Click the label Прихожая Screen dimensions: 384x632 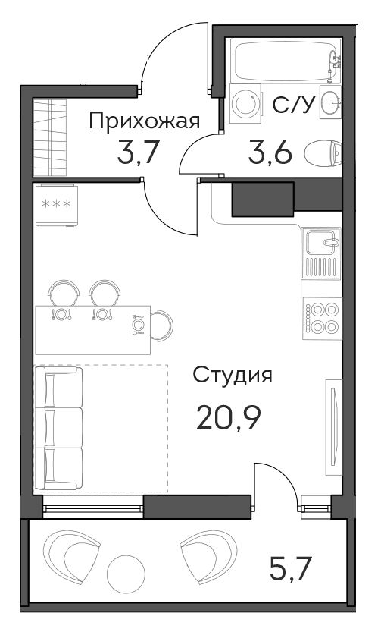click(144, 121)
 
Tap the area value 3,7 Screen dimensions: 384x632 click(136, 152)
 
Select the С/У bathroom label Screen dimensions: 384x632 click(292, 105)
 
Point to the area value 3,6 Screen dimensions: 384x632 click(270, 152)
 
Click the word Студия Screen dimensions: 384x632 click(233, 376)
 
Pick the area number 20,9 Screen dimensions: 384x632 click(229, 418)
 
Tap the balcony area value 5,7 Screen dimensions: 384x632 click(291, 568)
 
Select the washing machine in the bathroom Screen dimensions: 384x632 click(245, 103)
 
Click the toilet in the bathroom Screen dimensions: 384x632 click(323, 152)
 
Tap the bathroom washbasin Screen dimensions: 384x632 click(330, 102)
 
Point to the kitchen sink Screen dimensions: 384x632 click(321, 254)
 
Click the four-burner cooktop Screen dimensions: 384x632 click(322, 319)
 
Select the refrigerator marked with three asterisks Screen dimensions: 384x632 click(56, 205)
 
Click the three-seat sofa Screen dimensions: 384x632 click(59, 428)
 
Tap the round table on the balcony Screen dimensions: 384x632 click(126, 574)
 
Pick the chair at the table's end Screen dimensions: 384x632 click(162, 325)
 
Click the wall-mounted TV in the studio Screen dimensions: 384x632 click(333, 427)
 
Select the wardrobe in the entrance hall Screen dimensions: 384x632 click(49, 137)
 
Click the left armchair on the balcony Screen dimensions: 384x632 click(71, 557)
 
